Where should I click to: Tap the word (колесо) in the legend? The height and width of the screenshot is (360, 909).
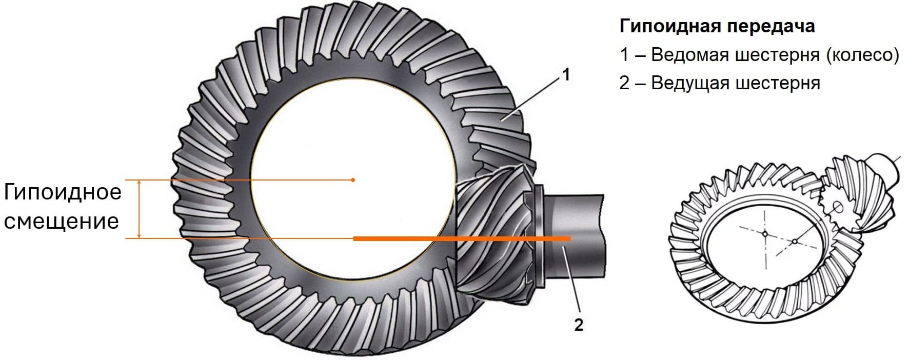click(862, 54)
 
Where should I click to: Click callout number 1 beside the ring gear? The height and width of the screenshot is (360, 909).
click(566, 75)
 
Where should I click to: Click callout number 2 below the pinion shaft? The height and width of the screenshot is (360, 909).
click(579, 325)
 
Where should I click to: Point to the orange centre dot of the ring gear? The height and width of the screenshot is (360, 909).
click(353, 180)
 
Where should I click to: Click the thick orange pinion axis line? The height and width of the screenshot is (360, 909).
click(462, 238)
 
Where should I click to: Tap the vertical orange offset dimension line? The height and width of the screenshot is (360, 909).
click(139, 209)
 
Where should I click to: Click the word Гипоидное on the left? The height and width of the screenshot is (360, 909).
click(63, 192)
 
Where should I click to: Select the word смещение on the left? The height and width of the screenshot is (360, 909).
click(62, 222)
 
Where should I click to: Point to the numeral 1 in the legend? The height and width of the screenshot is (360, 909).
click(624, 55)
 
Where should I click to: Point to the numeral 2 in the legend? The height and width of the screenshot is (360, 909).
click(624, 83)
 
